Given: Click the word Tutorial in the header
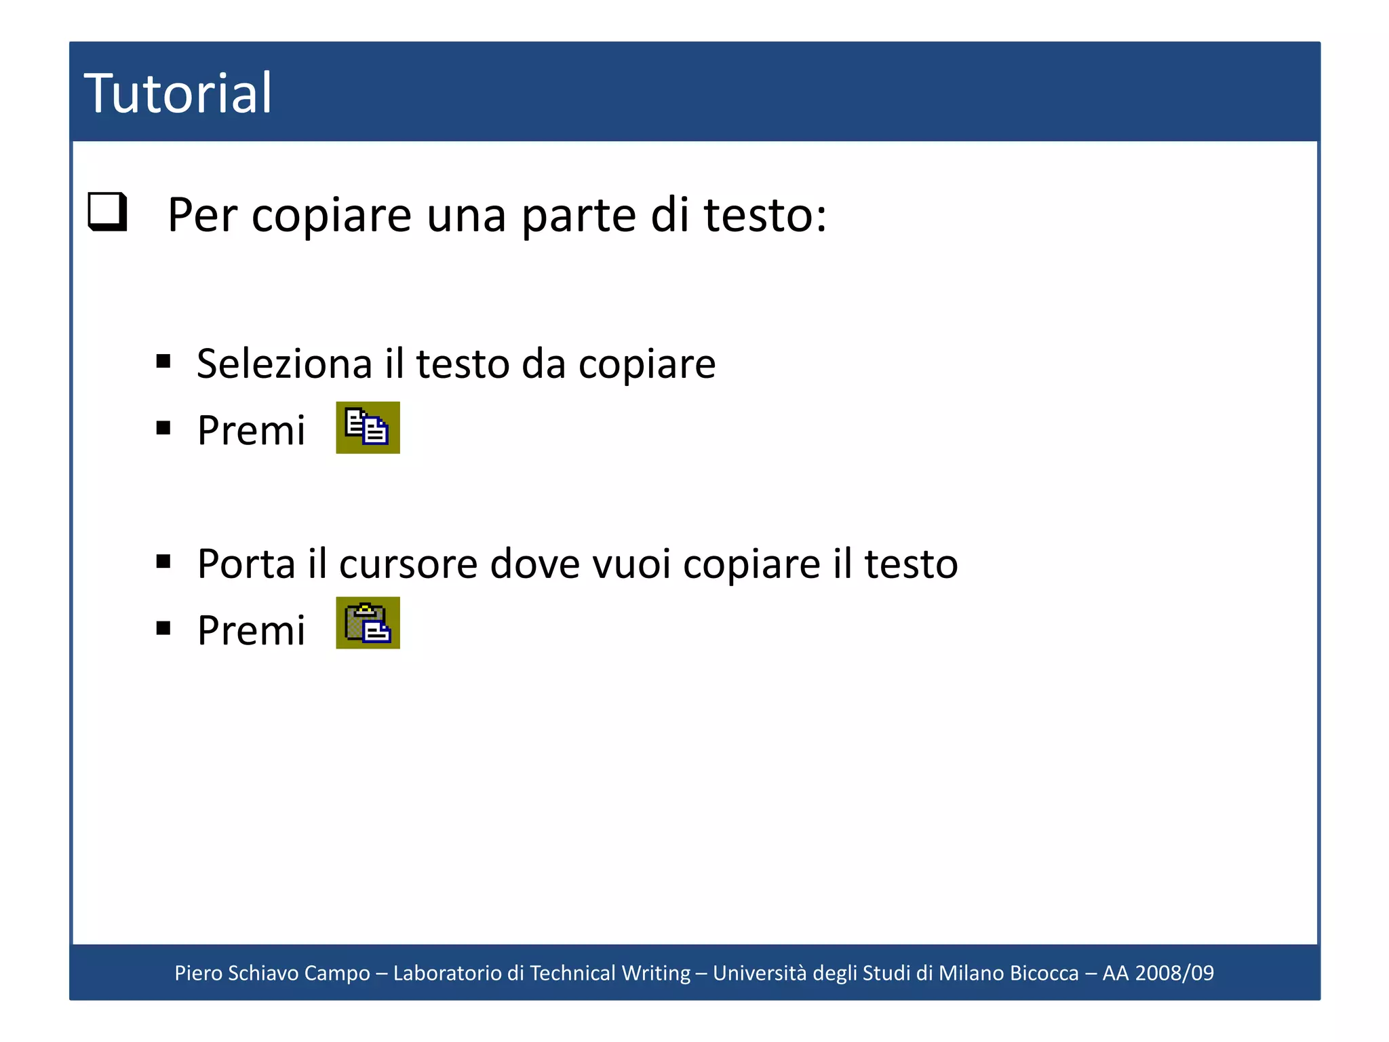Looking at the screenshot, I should click(178, 94).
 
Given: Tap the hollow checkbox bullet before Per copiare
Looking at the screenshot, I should click(108, 212).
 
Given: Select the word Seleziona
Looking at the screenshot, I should click(284, 364).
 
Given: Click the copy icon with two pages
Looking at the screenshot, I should click(368, 427).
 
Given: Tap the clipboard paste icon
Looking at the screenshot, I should click(368, 623).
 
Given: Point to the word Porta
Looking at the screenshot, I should click(246, 564).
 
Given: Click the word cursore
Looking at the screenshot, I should click(408, 564).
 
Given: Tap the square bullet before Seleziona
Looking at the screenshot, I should click(163, 361).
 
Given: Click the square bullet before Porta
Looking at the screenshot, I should click(163, 561).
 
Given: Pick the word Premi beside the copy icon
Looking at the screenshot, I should click(251, 430).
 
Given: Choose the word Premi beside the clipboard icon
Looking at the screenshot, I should click(251, 630).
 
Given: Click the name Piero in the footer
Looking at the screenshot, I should click(198, 973).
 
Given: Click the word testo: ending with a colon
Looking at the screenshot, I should click(765, 216).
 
